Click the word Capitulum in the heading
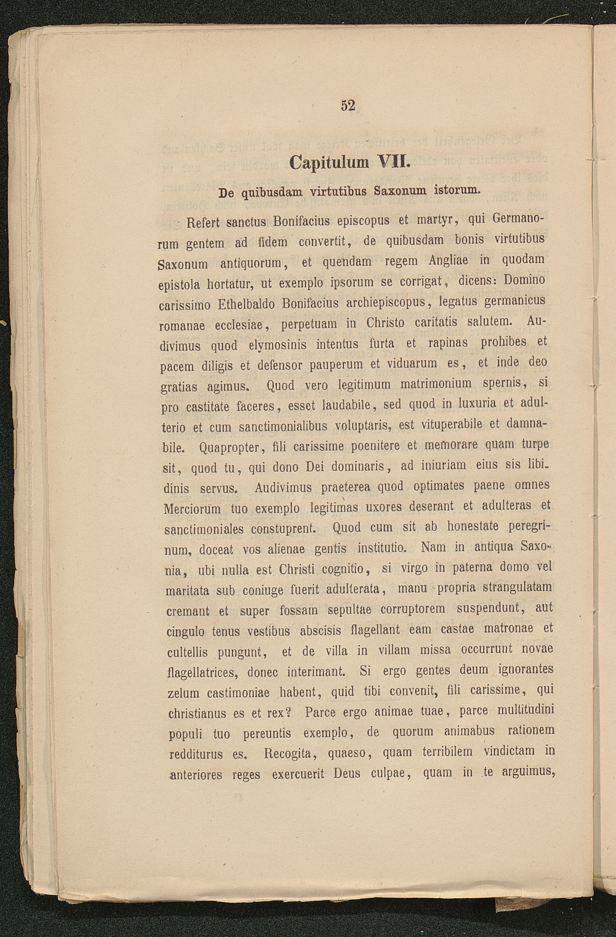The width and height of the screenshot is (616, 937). [x=329, y=162]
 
